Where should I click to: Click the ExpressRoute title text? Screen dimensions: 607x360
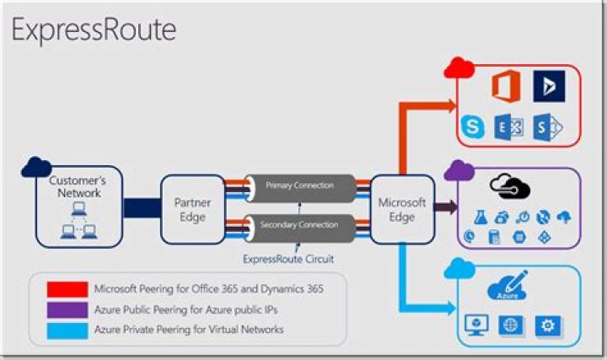pos(94,30)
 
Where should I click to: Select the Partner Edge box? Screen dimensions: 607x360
pos(193,209)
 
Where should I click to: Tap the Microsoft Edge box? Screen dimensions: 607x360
pos(402,209)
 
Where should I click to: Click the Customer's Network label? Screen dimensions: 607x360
pos(78,186)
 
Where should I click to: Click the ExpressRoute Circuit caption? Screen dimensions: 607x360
pos(288,259)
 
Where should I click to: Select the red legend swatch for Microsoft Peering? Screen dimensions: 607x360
pos(67,289)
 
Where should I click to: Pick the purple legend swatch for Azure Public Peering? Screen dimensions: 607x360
pos(67,309)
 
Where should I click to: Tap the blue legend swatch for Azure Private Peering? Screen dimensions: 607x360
pos(67,331)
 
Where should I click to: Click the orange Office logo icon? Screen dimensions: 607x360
pos(506,86)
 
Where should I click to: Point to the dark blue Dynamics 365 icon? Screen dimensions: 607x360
pos(549,86)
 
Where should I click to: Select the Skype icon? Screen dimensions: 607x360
pos(473,126)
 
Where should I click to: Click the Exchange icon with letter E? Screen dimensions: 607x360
pos(508,126)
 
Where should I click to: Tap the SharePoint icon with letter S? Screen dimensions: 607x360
pos(547,127)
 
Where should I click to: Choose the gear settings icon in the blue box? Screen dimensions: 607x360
pos(547,326)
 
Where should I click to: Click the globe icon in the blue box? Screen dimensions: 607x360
pos(511,325)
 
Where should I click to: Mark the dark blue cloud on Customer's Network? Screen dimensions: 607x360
pos(36,167)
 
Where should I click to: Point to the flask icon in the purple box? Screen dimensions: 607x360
pos(481,218)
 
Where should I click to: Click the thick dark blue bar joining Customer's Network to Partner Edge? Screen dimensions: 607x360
pos(142,208)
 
